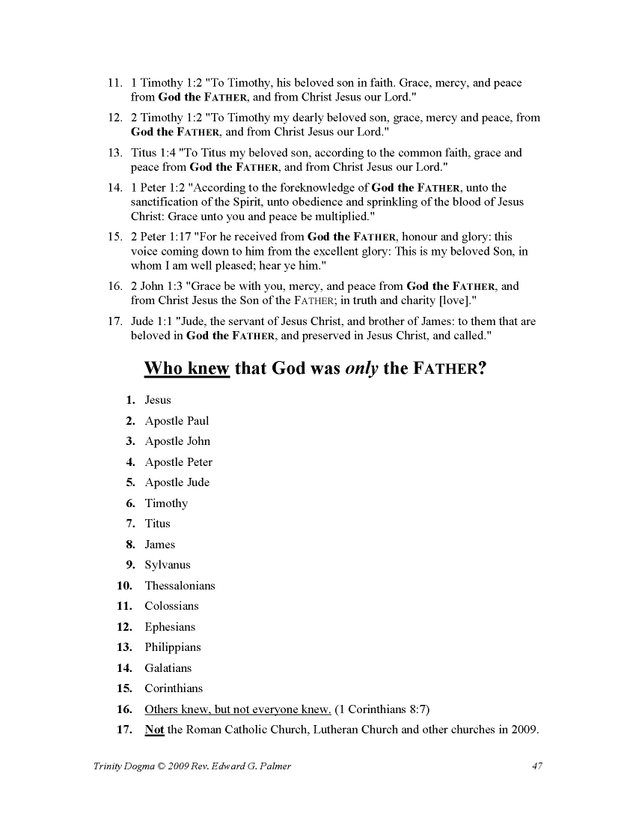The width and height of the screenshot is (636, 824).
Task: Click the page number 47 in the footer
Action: tap(536, 766)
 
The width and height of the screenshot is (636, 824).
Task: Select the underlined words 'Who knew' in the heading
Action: tap(186, 369)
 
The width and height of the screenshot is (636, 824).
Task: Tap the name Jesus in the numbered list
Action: tap(158, 400)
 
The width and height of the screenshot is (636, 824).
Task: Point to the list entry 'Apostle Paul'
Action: tap(177, 421)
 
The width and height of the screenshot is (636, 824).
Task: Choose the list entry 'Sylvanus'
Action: tap(168, 565)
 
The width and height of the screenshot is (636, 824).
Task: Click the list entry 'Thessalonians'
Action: tap(180, 586)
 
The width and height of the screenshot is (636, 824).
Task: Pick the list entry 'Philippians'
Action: tap(173, 647)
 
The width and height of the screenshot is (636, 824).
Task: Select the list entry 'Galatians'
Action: tap(168, 668)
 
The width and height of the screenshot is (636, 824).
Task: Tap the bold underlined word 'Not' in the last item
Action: tap(154, 730)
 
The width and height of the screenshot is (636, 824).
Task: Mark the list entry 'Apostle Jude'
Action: tap(177, 482)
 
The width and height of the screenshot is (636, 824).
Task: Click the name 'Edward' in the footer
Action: tap(215, 766)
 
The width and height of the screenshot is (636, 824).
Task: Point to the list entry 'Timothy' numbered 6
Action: tap(166, 503)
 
